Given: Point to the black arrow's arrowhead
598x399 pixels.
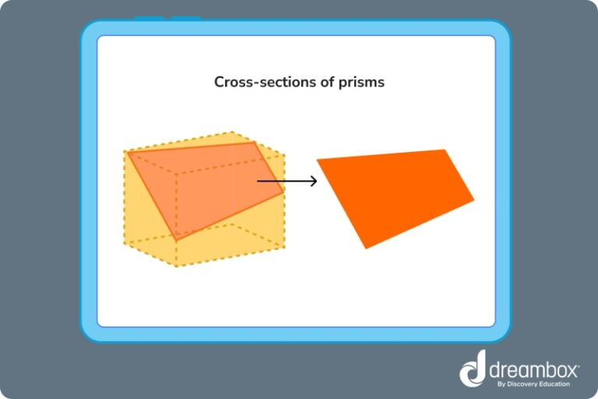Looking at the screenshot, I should [x=314, y=182].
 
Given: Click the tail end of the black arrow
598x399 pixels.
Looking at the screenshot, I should [x=259, y=182].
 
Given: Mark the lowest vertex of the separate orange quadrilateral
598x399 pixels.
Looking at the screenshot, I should [x=366, y=249].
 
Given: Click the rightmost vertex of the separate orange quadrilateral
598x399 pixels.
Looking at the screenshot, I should [x=474, y=200].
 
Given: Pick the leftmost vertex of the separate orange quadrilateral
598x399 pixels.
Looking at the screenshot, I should [x=317, y=160].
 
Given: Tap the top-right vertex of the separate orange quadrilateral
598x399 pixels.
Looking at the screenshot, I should [x=445, y=150].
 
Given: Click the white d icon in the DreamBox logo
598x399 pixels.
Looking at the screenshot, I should [x=473, y=369].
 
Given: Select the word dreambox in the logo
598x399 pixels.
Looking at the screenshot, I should [x=529, y=366].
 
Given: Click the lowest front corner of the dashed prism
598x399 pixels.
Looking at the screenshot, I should [x=177, y=266].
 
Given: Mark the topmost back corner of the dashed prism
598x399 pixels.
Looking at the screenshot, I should [x=231, y=132].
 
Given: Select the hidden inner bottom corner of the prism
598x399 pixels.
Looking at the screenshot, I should [x=231, y=224].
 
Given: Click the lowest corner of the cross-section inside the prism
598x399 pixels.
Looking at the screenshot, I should [x=177, y=238].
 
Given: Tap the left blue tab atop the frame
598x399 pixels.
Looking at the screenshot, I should [x=149, y=19].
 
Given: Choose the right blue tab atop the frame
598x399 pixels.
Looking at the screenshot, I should [x=186, y=19].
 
